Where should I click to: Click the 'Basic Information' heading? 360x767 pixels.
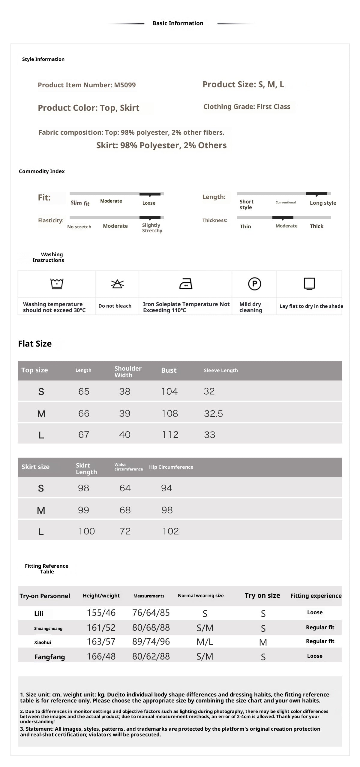coord(178,23)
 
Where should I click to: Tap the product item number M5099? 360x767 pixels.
coord(87,85)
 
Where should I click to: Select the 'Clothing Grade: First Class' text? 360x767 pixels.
coord(247,107)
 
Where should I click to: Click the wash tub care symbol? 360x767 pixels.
coord(57,283)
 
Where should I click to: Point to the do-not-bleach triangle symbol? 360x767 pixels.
coord(117,284)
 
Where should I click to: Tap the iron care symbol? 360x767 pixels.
coord(185,284)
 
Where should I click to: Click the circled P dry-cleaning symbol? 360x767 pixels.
coord(254,284)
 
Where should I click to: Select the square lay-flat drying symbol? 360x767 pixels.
coord(309,284)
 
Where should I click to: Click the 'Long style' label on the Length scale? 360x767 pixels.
coord(323,203)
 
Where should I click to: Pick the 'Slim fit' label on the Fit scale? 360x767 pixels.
coord(80,203)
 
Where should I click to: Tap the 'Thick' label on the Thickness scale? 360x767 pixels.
coord(316,226)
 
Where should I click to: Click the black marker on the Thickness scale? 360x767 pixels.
coord(283,218)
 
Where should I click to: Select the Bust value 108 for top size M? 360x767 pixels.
coord(169,414)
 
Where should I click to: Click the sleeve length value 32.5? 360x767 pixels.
coord(213,414)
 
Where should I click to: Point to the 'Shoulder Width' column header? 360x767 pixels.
coord(128,371)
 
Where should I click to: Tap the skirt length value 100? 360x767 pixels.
coord(86,531)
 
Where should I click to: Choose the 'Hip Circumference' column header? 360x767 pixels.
coord(171,467)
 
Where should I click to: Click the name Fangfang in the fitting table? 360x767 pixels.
coord(49,657)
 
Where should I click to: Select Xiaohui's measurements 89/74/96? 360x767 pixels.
coord(151,642)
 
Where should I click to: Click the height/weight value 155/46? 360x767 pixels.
coord(101,613)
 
